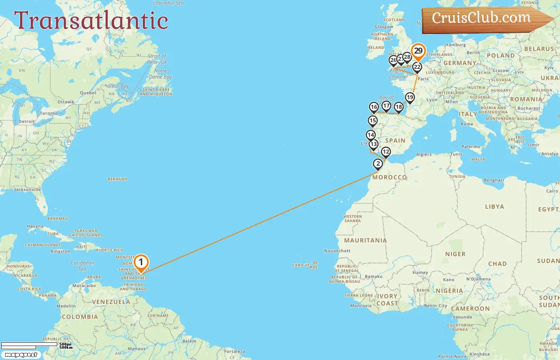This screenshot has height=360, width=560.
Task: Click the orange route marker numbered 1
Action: [141, 263]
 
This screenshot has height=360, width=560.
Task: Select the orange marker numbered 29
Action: [418, 51]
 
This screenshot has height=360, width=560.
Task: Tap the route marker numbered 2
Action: [378, 164]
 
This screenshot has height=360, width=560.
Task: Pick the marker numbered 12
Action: [386, 152]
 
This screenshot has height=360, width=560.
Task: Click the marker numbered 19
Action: [410, 98]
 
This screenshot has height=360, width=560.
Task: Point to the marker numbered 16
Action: [374, 107]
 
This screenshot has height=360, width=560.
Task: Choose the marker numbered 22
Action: [417, 67]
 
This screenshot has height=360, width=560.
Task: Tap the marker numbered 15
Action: [373, 121]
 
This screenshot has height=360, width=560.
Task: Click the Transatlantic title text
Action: [91, 20]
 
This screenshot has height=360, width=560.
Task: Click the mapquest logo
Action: [21, 355]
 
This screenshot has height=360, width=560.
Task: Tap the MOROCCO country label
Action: [390, 177]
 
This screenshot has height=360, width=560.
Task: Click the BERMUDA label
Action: [118, 179]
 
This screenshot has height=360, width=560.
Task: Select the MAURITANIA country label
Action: [365, 240]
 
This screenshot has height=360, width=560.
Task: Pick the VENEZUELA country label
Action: [111, 302]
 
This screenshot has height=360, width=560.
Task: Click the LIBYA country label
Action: [494, 207]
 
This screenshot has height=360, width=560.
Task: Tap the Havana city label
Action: [35, 226]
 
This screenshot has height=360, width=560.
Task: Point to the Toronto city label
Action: [49, 113]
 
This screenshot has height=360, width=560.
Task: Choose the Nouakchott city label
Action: [337, 251]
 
